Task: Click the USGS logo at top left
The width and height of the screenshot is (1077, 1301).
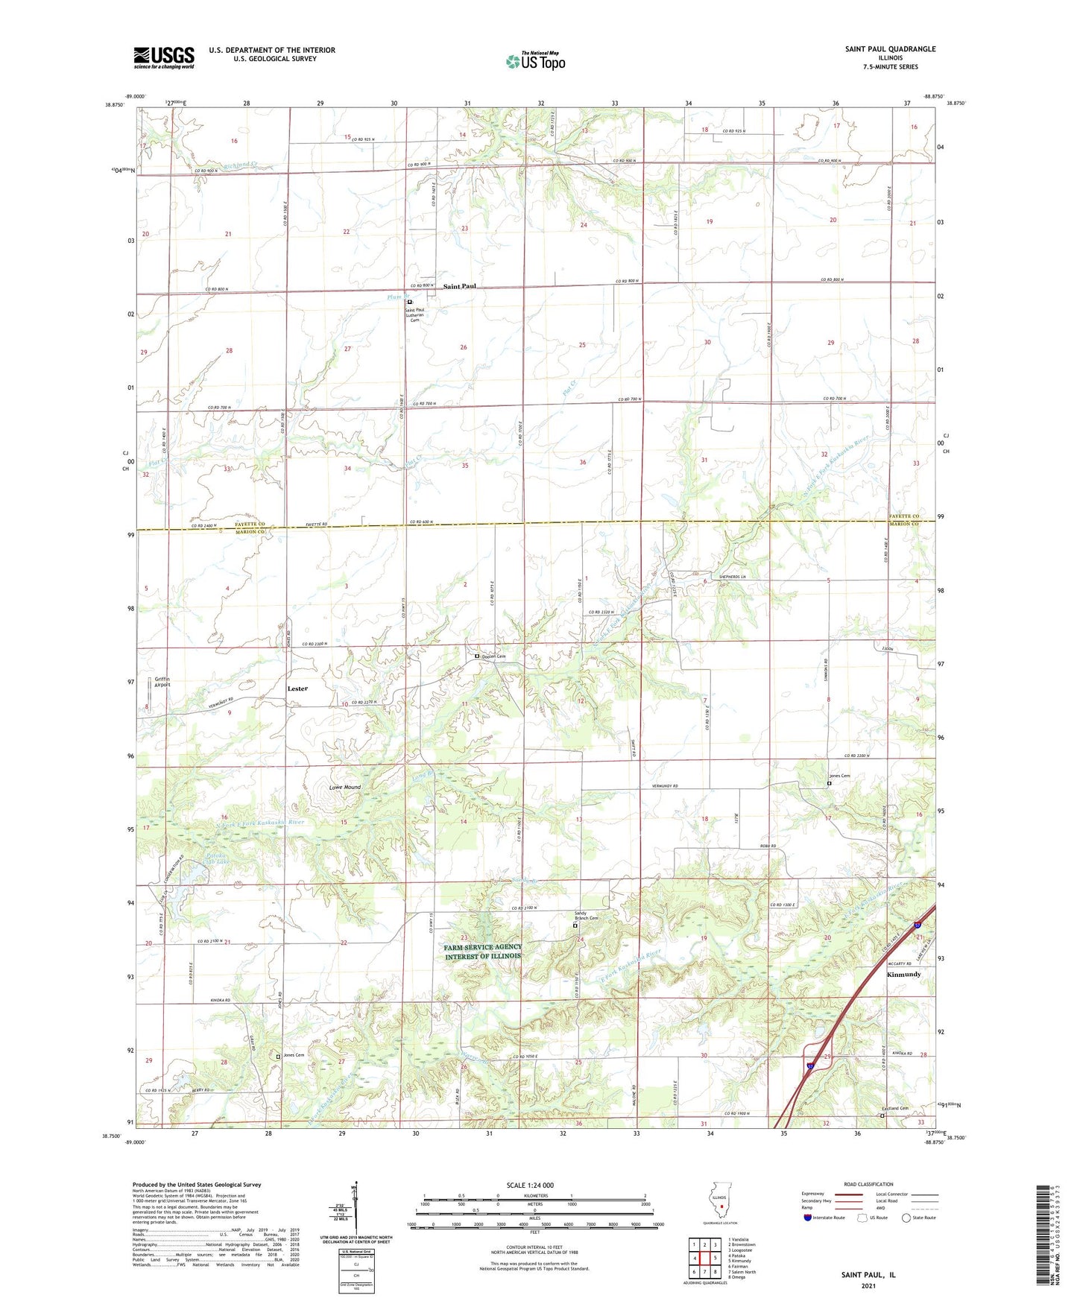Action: click(x=164, y=57)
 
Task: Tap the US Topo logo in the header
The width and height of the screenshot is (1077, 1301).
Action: click(x=535, y=61)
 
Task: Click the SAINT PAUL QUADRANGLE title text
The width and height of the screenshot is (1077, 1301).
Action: click(x=890, y=49)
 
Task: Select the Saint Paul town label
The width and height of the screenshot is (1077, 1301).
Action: click(x=459, y=286)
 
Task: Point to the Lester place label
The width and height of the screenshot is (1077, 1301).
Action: click(x=297, y=689)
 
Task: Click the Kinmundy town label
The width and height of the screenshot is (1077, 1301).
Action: click(x=903, y=975)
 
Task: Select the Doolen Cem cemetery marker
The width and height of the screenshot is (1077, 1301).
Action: click(x=477, y=656)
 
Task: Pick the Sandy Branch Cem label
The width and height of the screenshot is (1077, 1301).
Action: click(x=586, y=916)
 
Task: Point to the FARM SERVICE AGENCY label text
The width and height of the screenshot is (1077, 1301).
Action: click(x=483, y=947)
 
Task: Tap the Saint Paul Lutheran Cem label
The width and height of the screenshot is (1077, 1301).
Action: click(x=414, y=314)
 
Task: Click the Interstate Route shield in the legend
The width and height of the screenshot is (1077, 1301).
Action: click(x=808, y=1218)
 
